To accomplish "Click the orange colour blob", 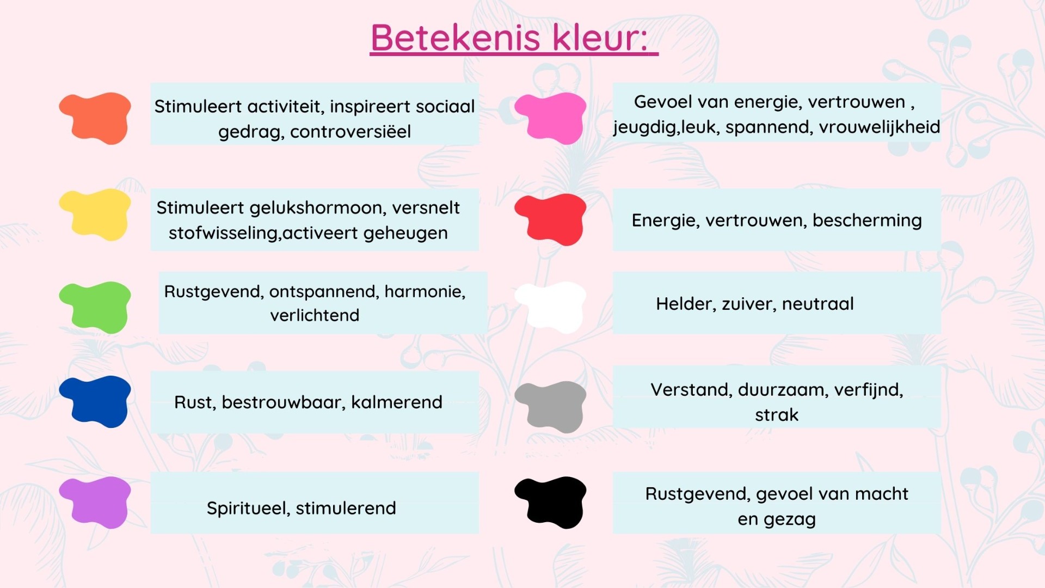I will coord(96,118).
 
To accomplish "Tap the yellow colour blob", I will coord(96,214).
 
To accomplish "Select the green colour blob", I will coord(96,307).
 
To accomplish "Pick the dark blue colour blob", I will coord(96,401).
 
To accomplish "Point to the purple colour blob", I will coord(96,502).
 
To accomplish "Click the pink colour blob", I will coord(551,118).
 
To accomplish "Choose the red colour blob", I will coord(551,219).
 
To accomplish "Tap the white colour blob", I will coord(551,307).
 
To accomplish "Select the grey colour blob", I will coord(551,406).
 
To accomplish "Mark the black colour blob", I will coord(551,502).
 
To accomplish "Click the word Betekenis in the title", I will coord(456,38).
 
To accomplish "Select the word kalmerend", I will coord(397,402).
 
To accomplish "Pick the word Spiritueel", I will coord(248,509).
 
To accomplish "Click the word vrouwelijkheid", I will coord(880,127).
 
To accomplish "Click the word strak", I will coord(777,415).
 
